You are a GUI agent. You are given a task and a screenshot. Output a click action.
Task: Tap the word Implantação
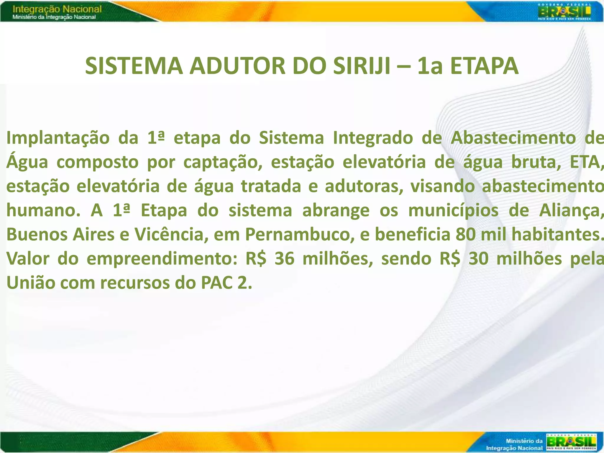click(58, 138)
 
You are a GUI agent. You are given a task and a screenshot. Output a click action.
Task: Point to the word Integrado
click(373, 138)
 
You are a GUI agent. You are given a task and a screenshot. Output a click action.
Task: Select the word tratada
click(271, 186)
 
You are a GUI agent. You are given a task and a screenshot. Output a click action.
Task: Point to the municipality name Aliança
click(571, 211)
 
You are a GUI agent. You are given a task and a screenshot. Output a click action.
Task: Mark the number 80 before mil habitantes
click(465, 235)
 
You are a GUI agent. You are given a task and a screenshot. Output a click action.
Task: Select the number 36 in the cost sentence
click(284, 259)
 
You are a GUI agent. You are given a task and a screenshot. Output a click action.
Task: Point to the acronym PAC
click(217, 283)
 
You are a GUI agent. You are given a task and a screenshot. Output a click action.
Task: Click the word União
click(31, 283)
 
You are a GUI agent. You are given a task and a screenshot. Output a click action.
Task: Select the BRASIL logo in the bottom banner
click(571, 442)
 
